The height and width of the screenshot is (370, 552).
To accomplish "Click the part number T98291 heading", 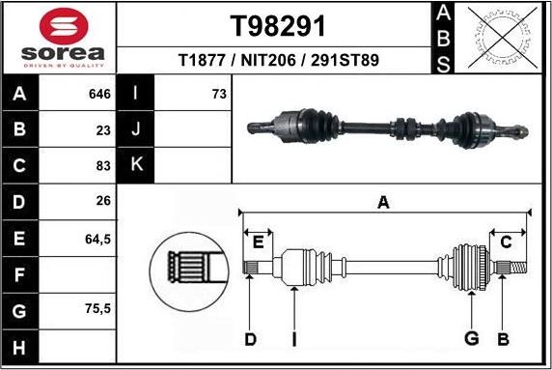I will point(277,25).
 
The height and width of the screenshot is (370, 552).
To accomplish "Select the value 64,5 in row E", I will point(97,237).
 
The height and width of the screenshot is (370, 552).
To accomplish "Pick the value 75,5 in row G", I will point(97,309).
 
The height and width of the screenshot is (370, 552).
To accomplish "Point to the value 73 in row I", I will point(218,94).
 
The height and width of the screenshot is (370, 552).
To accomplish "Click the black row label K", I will point(136,164).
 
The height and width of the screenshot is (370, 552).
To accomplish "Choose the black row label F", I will point(19,273).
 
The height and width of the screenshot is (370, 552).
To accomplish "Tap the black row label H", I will point(19,346).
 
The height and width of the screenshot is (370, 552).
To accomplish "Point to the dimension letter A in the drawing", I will point(383,203).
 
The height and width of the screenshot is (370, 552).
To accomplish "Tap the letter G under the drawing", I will point(472,338).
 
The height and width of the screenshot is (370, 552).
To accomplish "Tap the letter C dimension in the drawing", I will point(506,241).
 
